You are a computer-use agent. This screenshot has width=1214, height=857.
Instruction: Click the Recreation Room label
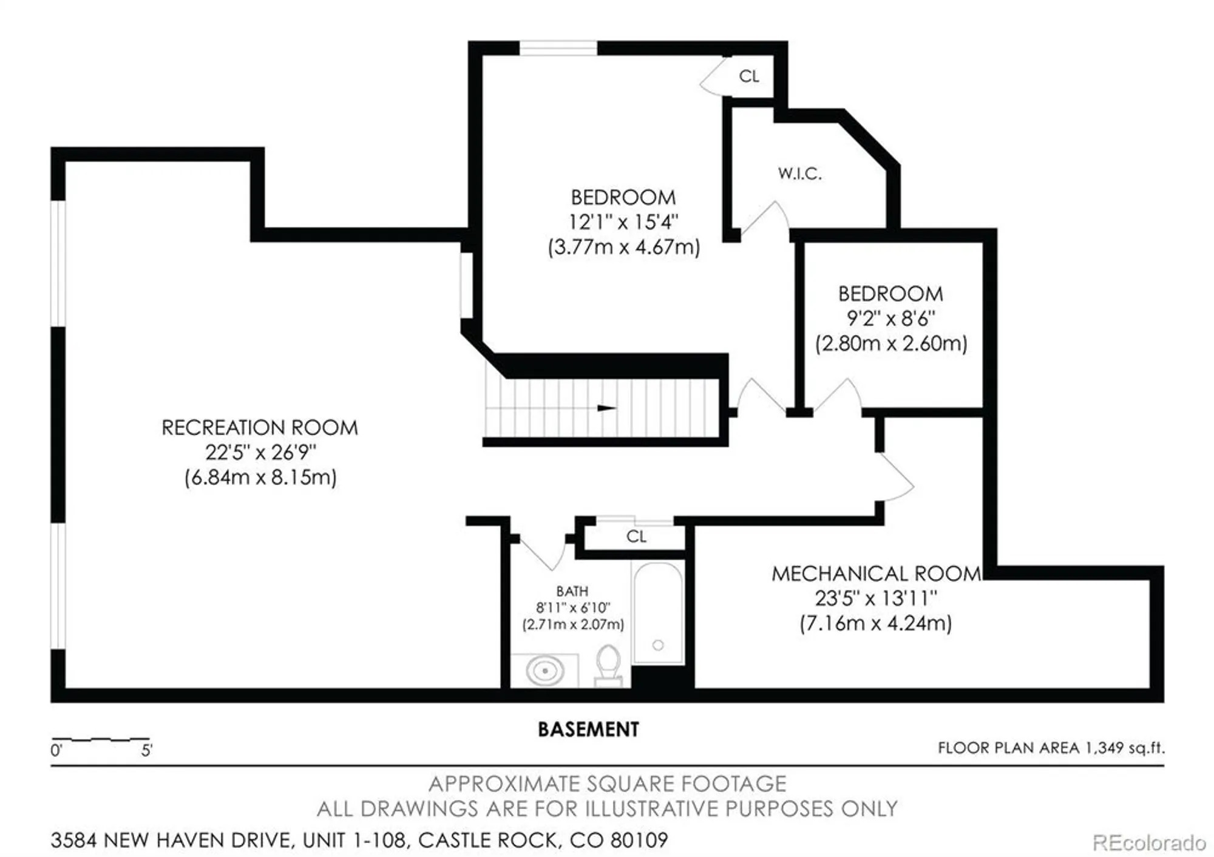(x=260, y=428)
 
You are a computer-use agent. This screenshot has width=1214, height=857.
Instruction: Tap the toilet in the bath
(x=608, y=665)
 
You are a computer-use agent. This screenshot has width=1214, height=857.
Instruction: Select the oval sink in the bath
(x=544, y=671)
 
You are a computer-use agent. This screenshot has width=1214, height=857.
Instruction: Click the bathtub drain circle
(x=658, y=645)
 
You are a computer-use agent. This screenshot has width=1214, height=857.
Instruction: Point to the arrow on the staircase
(x=606, y=408)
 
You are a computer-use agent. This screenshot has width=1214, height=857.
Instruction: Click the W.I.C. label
(x=799, y=174)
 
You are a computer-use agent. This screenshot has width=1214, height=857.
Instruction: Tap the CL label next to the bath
(x=636, y=537)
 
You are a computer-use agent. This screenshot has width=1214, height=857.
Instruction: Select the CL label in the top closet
(x=748, y=76)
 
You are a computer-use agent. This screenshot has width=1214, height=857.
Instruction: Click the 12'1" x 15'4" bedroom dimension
(x=623, y=222)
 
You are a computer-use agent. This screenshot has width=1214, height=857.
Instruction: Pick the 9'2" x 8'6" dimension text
(x=890, y=319)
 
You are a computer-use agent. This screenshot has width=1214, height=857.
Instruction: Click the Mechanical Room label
(x=876, y=574)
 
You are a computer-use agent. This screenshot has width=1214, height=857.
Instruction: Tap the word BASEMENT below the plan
(x=588, y=730)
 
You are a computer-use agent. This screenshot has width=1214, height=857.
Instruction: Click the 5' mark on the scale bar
(x=146, y=751)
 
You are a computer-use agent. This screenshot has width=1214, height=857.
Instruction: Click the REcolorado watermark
(x=1148, y=842)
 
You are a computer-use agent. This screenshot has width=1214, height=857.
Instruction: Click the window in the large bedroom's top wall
(x=558, y=48)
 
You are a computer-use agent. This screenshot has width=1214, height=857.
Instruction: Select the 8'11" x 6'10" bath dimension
(x=572, y=608)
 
